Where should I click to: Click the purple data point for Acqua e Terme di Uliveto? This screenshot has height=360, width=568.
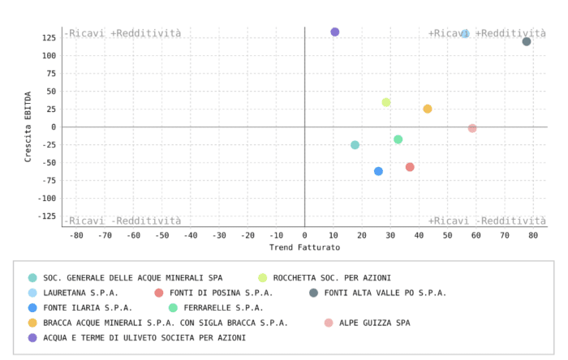point(334,32)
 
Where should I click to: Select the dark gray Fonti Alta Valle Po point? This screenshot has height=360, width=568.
point(527,41)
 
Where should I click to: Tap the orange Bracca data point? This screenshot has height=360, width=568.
point(428,109)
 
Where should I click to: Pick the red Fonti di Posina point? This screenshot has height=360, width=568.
point(410,167)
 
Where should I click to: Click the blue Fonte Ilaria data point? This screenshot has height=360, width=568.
point(378,171)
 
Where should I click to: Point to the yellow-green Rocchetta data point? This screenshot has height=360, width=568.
point(386,102)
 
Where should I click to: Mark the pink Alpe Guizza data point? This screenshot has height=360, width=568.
point(472,128)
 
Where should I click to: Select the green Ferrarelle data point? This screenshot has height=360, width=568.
point(398,139)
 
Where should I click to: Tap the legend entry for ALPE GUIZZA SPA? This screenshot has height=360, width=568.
point(374,323)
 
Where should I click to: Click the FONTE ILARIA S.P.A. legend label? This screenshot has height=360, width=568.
point(88,308)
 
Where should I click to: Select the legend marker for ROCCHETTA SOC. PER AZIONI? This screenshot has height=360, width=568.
point(263,278)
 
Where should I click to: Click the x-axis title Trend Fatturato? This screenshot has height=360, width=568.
point(304,247)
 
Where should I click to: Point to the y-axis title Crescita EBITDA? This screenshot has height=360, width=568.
point(28,126)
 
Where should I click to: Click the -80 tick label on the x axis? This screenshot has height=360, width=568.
point(76,235)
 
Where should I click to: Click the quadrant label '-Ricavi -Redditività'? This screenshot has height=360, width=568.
point(123,221)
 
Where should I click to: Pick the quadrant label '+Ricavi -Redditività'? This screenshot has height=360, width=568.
point(487,221)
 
